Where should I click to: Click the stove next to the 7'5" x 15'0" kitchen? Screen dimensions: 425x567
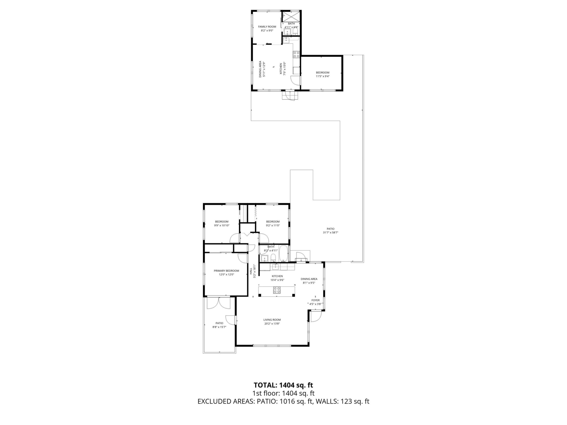coord(296,54)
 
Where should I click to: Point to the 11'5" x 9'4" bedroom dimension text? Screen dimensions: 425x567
coord(322,76)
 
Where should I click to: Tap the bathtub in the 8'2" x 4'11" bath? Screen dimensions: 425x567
coord(283,254)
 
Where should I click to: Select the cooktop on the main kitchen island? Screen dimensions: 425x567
coord(277,290)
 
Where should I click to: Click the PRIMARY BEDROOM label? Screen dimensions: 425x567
coord(226,271)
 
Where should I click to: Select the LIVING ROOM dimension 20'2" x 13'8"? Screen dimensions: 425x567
coord(272,323)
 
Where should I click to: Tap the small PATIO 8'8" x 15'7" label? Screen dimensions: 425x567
coord(219,325)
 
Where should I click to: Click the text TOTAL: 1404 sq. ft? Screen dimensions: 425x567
coord(283,385)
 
